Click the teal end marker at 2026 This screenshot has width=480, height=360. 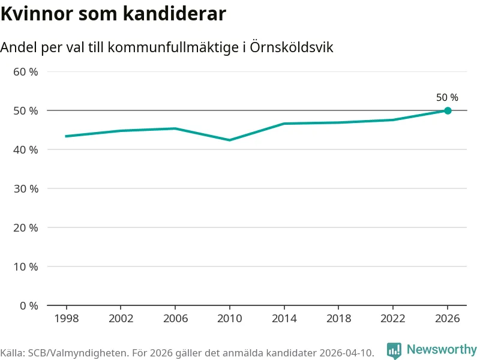pos(448,110)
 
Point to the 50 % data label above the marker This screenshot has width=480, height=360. pos(447,97)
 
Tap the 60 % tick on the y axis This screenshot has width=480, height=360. pos(26,72)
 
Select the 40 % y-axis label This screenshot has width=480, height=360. pos(26,149)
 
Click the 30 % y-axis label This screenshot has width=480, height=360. pos(26,188)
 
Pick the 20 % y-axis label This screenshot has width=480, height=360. pos(26,228)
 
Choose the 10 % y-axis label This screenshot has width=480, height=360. pos(26,266)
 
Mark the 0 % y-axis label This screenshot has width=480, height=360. pos(29,305)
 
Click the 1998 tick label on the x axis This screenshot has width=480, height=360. pos(67,319)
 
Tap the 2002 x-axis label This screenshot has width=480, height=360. pos(121,319)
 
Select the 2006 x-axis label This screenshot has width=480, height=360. pos(175,319)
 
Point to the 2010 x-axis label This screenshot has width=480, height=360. pos(230,319)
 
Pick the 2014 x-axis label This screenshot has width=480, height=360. pos(284,319)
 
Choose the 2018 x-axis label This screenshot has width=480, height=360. pos(338,319)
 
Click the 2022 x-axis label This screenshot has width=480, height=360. pos(393,319)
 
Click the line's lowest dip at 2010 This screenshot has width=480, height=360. pos(230,140)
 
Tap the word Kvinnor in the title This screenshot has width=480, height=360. pos(37,13)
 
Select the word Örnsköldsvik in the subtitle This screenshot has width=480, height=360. pos(292,47)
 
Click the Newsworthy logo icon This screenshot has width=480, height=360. pos(394,350)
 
